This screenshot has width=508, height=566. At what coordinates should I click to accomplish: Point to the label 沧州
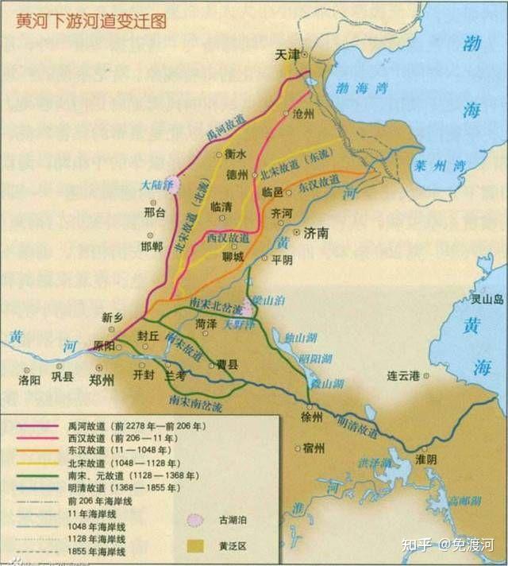tap(303, 114)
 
